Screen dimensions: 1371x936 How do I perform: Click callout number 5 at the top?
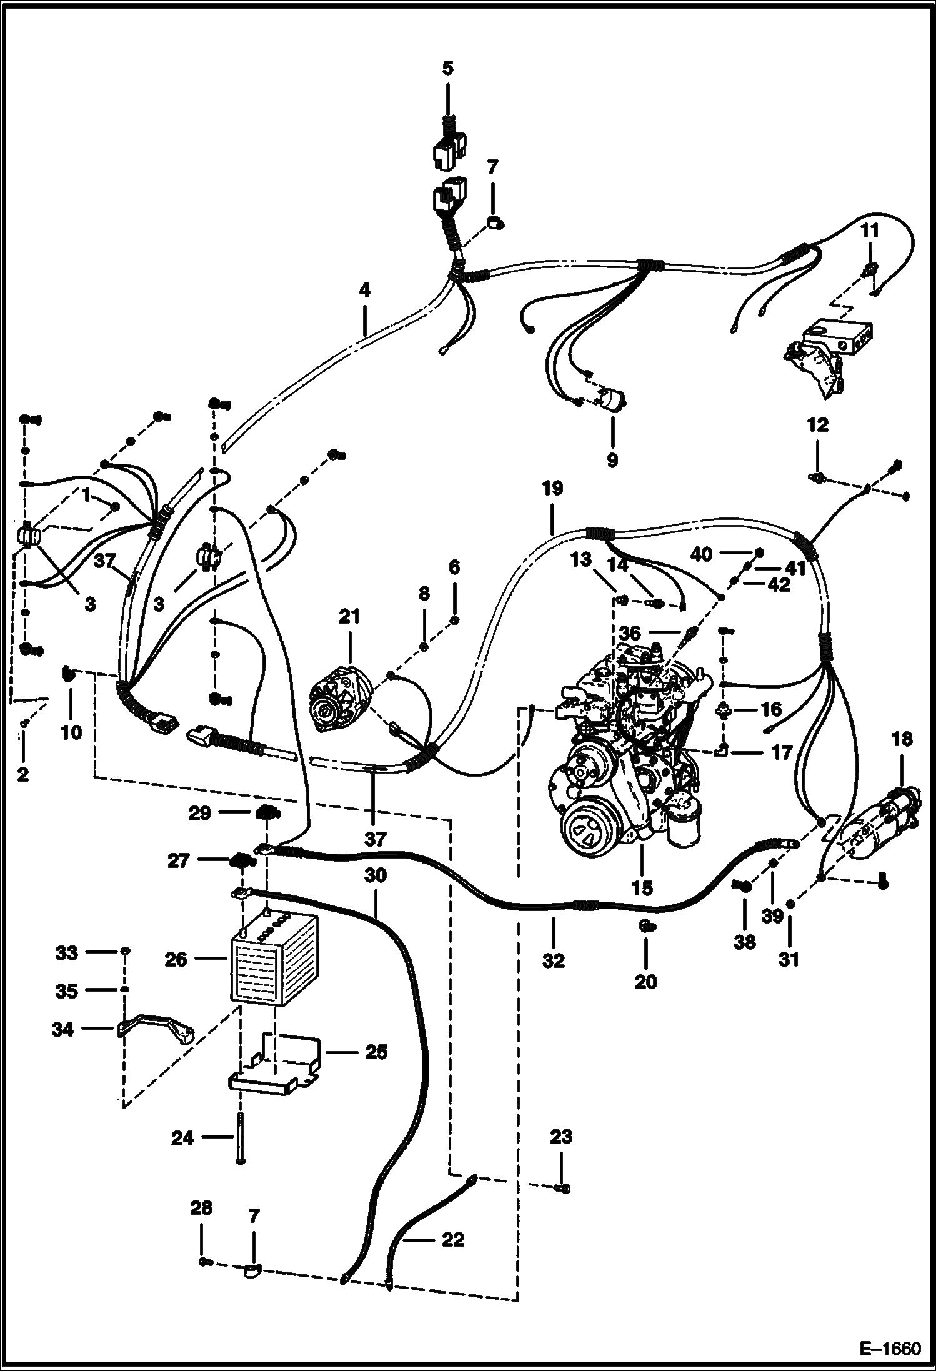pyautogui.click(x=447, y=67)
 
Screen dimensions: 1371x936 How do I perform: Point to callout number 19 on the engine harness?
pyautogui.click(x=552, y=488)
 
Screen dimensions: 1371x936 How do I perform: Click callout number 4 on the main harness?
pyautogui.click(x=365, y=290)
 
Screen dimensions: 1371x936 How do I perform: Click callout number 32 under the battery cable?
pyautogui.click(x=553, y=960)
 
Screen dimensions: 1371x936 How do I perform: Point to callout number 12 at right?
pyautogui.click(x=817, y=425)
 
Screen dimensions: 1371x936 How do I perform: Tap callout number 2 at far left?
pyautogui.click(x=22, y=775)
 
